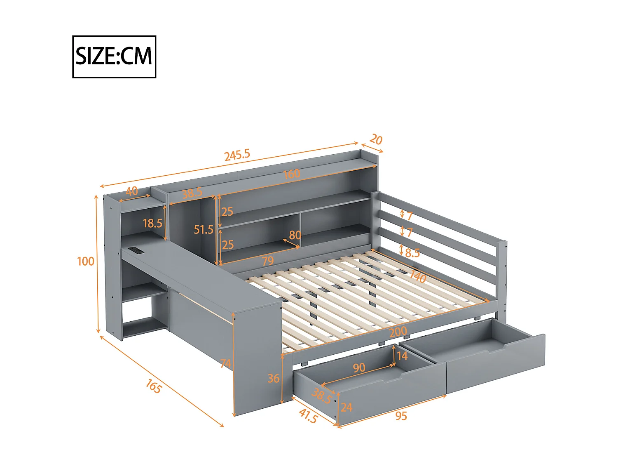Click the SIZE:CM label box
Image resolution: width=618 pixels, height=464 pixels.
(114, 57)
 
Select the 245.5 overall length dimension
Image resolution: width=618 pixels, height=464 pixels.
(237, 155)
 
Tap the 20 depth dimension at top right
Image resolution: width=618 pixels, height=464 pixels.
(376, 139)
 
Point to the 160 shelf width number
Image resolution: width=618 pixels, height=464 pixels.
(291, 174)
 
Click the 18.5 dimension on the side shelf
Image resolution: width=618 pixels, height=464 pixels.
(152, 224)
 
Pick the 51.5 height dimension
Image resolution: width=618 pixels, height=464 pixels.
(204, 229)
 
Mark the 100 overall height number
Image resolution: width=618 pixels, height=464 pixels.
(86, 261)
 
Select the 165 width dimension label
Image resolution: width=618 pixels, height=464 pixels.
(153, 386)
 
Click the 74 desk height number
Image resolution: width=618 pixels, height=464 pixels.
(226, 363)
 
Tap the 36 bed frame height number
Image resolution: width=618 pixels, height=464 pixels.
(274, 378)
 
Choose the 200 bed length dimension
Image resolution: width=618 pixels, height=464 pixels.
(398, 331)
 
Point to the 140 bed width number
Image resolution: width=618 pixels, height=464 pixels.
(417, 277)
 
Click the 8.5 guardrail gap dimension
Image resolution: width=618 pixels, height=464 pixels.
(412, 253)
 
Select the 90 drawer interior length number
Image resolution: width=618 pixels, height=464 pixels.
(359, 367)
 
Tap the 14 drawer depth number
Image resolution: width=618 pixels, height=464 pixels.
(402, 356)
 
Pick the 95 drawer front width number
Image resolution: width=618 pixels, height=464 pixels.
(401, 416)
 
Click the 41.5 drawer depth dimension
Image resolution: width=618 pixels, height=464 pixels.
(308, 416)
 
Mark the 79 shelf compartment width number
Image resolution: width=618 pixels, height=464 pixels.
(268, 261)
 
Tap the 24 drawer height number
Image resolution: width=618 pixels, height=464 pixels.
(346, 407)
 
